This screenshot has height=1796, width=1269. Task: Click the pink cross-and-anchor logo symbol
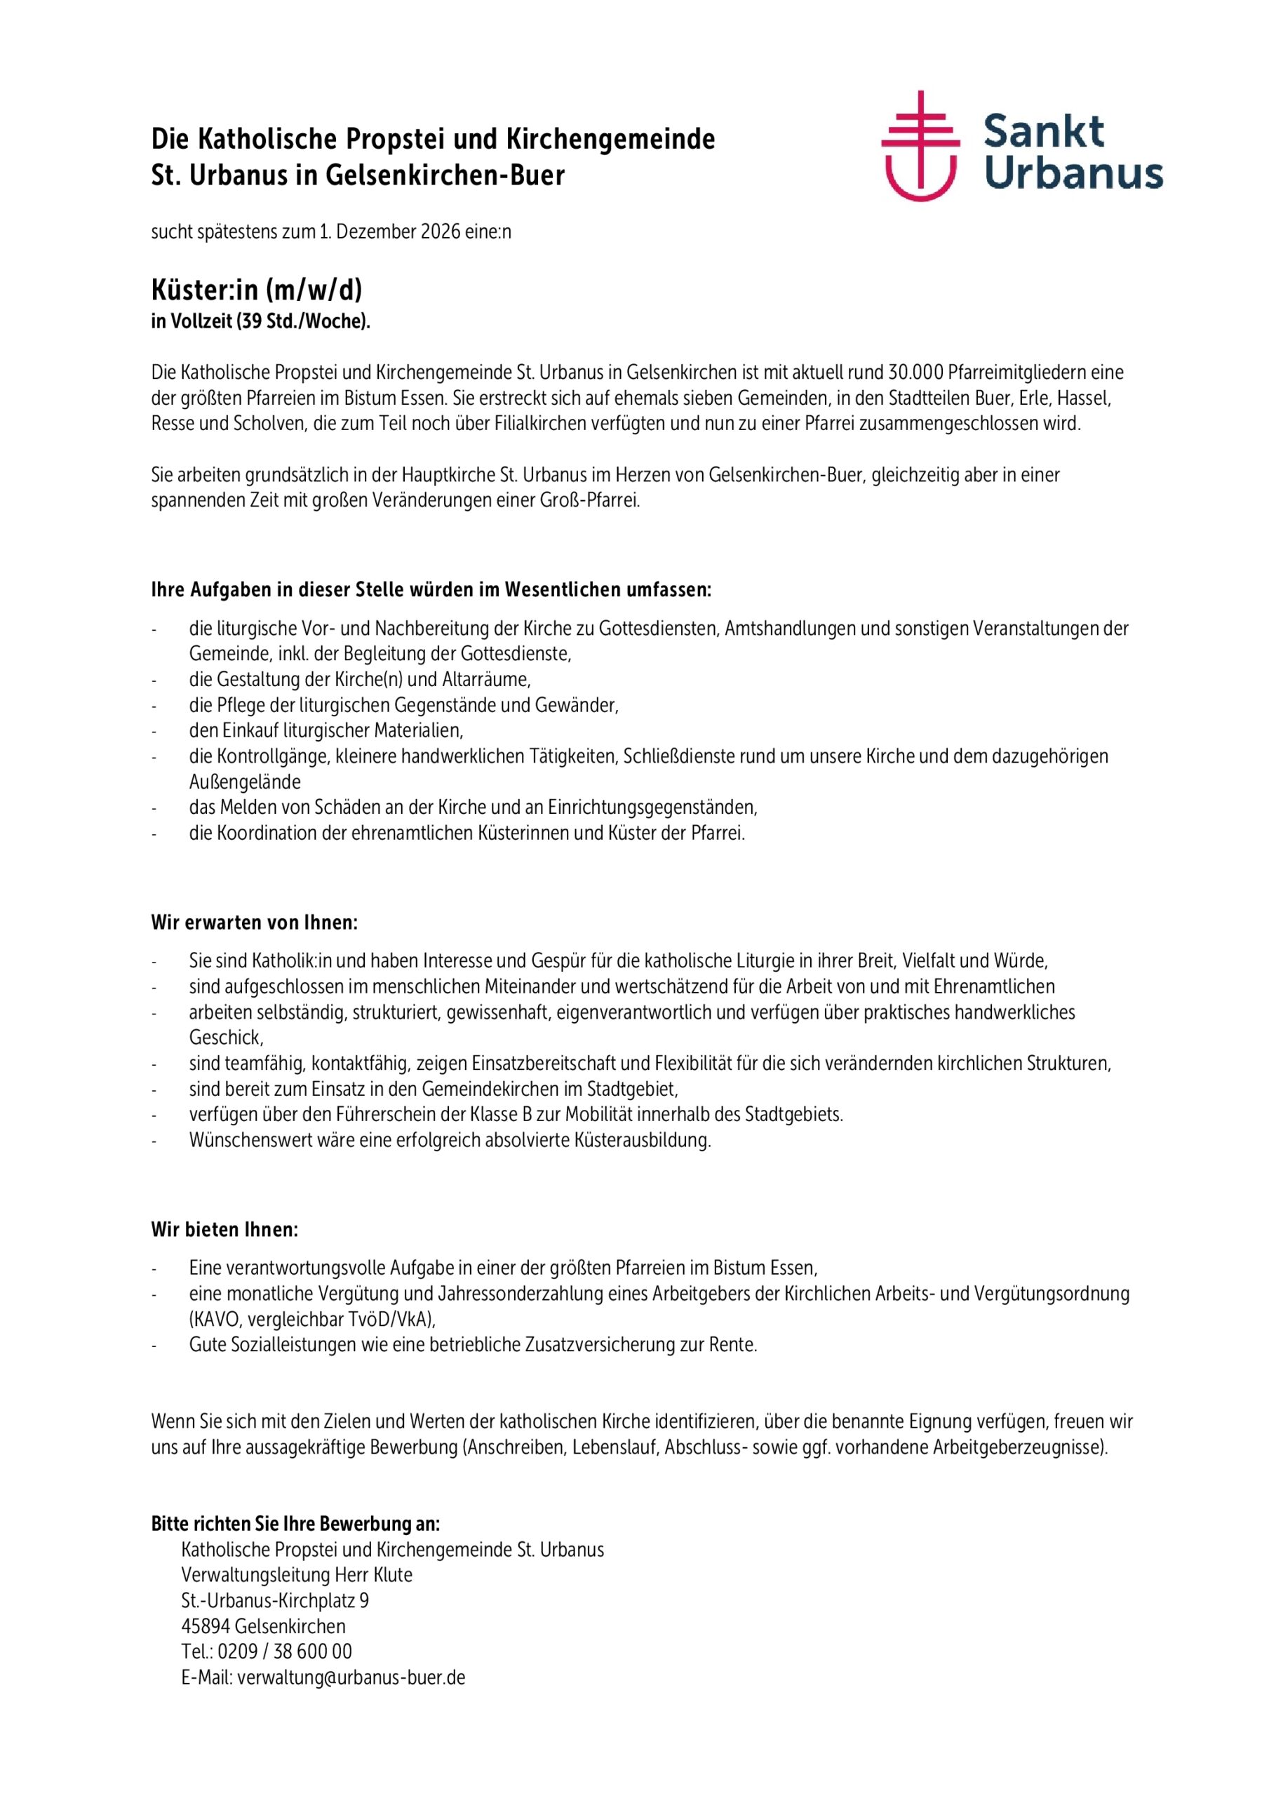click(x=920, y=147)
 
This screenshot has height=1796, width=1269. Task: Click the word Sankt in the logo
click(x=1043, y=131)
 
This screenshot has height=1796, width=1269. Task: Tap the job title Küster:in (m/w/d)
click(x=257, y=290)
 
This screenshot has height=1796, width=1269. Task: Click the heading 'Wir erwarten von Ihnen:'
click(x=254, y=923)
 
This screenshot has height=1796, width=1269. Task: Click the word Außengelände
click(x=245, y=782)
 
